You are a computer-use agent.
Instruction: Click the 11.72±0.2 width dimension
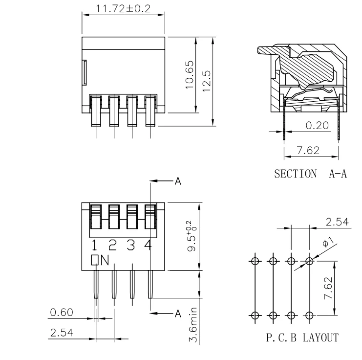pyautogui.click(x=123, y=9)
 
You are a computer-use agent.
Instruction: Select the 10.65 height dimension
pyautogui.click(x=190, y=75)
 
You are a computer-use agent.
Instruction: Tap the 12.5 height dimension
pyautogui.click(x=206, y=81)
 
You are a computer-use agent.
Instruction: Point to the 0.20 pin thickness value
pyautogui.click(x=317, y=126)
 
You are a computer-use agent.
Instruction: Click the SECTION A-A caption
pyautogui.click(x=310, y=174)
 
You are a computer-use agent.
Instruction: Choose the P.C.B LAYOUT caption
pyautogui.click(x=302, y=337)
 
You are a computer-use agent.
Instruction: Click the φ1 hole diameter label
pyautogui.click(x=328, y=242)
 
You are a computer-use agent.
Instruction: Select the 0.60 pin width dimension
pyautogui.click(x=62, y=313)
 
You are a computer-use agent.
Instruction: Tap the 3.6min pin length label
pyautogui.click(x=193, y=325)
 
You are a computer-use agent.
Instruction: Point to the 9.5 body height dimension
pyautogui.click(x=192, y=236)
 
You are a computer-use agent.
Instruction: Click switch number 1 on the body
pyautogui.click(x=94, y=246)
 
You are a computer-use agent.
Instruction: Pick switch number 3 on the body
pyautogui.click(x=131, y=246)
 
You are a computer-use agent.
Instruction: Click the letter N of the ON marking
pyautogui.click(x=105, y=260)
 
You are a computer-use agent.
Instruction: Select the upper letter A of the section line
pyautogui.click(x=178, y=181)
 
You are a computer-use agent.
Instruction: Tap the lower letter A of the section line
pyautogui.click(x=178, y=314)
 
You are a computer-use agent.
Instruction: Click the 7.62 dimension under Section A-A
pyautogui.click(x=308, y=151)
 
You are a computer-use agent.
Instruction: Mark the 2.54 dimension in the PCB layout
pyautogui.click(x=337, y=222)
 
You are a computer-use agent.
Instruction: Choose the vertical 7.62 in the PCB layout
pyautogui.click(x=328, y=288)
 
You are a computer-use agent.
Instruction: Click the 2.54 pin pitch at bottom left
pyautogui.click(x=62, y=333)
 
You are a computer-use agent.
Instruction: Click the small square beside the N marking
pyautogui.click(x=95, y=260)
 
